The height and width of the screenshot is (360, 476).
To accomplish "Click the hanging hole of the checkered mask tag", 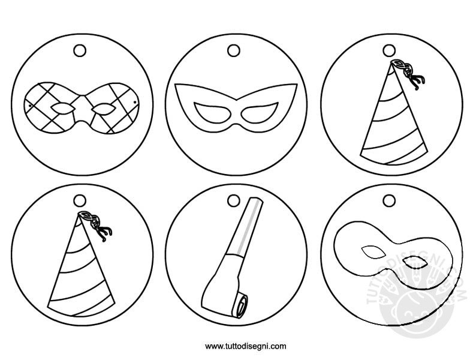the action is coord(80,51).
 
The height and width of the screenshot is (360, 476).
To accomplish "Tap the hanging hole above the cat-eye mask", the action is coord(233,51).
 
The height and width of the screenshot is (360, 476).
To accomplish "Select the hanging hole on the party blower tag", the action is coord(233,201).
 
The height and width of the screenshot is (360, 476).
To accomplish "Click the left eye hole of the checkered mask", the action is coord(62,109).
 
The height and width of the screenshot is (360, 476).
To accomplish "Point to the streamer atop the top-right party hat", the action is coord(408,71).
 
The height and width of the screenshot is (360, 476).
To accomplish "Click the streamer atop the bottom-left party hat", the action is coord(96,223).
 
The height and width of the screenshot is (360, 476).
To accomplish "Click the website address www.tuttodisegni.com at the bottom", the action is coord(246,346).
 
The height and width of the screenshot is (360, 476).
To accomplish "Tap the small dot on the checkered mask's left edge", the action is coord(30,106).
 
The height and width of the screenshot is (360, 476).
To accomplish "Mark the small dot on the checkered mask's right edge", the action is coord(134,103).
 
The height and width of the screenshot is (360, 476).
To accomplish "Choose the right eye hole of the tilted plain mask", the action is coord(413,263).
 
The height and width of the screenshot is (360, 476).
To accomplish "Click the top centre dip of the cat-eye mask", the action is coord(236,99).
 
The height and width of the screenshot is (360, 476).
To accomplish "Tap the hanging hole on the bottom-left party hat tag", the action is coord(80,201).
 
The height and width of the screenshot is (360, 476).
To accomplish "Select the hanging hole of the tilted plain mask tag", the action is coord(389,201).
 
